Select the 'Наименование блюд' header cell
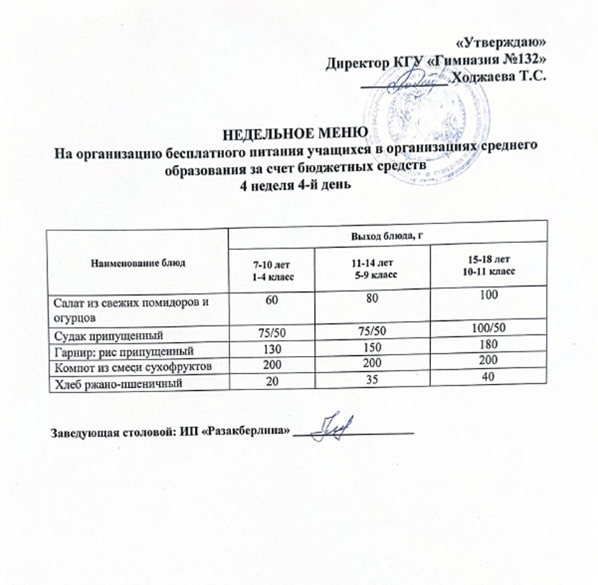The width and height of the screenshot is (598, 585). click(x=137, y=264)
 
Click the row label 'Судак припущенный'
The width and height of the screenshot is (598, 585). click(x=111, y=334)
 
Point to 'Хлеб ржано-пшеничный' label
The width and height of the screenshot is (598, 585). click(x=117, y=383)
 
